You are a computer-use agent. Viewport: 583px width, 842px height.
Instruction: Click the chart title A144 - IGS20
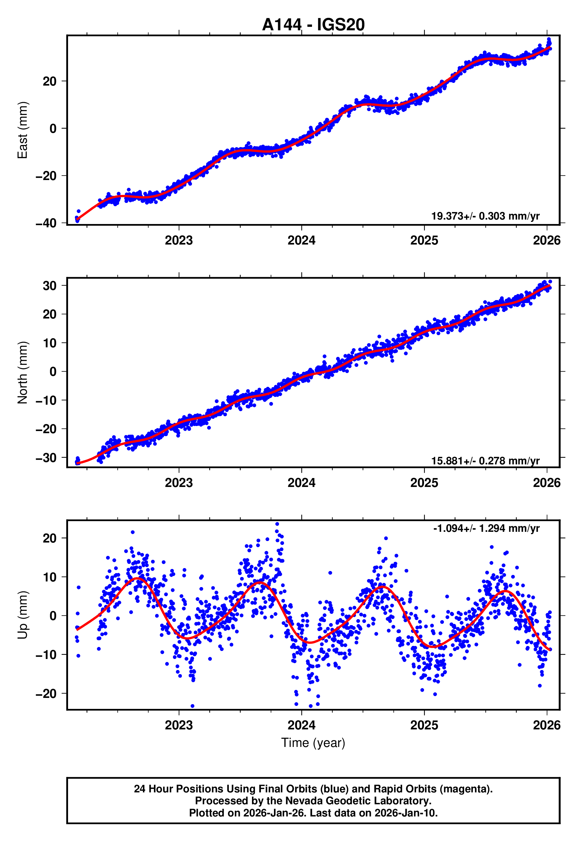pyautogui.click(x=313, y=25)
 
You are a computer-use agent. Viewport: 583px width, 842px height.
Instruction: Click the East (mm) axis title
pyautogui.click(x=23, y=130)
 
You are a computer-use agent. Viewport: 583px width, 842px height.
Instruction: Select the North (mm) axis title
pyautogui.click(x=23, y=373)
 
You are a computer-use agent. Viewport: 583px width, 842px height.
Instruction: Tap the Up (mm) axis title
pyautogui.click(x=23, y=615)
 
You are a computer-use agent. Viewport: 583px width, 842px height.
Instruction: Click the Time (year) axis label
pyautogui.click(x=313, y=743)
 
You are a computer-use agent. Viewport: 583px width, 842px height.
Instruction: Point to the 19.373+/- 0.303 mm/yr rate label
pyautogui.click(x=485, y=216)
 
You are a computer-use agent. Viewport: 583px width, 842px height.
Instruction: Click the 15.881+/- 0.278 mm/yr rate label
pyautogui.click(x=485, y=461)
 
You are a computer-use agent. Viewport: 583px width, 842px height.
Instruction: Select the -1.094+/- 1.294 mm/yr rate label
pyautogui.click(x=486, y=528)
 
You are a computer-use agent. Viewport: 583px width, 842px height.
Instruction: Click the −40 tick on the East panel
pyautogui.click(x=46, y=223)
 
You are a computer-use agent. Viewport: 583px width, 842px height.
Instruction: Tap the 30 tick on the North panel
pyautogui.click(x=50, y=286)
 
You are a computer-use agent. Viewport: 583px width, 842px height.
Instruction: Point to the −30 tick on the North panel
pyautogui.click(x=46, y=458)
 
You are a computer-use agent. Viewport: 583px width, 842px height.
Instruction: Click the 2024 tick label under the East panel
pyautogui.click(x=301, y=241)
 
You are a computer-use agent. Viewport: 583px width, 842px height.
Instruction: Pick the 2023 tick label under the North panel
pyautogui.click(x=179, y=483)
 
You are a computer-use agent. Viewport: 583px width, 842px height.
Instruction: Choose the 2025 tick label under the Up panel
pyautogui.click(x=424, y=725)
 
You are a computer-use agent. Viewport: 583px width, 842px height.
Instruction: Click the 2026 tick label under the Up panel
pyautogui.click(x=546, y=725)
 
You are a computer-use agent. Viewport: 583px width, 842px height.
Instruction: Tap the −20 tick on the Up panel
pyautogui.click(x=46, y=694)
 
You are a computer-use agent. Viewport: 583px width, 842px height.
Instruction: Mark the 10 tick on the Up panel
pyautogui.click(x=50, y=577)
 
